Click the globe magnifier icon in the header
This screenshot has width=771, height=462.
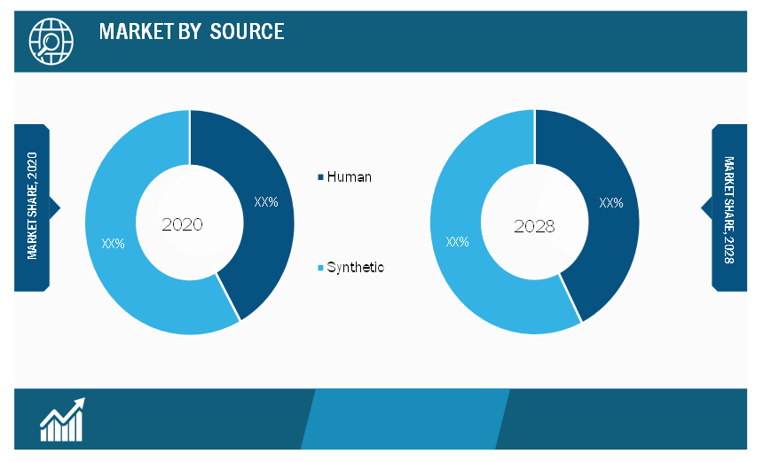(51, 42)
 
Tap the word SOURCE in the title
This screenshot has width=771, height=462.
(247, 31)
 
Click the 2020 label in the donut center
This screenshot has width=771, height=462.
(182, 224)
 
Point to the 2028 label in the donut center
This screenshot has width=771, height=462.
(534, 226)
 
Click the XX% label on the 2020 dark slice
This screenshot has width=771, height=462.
(266, 201)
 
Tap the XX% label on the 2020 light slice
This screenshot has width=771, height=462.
(113, 243)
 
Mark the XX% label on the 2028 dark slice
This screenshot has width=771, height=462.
(611, 202)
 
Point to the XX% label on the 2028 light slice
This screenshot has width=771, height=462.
(457, 241)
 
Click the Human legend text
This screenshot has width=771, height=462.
(349, 177)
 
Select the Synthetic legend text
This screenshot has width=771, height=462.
(356, 268)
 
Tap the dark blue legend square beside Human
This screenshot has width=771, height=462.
(320, 177)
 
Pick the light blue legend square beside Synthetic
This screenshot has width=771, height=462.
(320, 268)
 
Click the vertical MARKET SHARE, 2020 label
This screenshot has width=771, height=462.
(32, 206)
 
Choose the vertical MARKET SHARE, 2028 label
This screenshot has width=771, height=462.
(729, 210)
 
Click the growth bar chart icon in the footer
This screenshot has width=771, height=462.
(62, 419)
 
